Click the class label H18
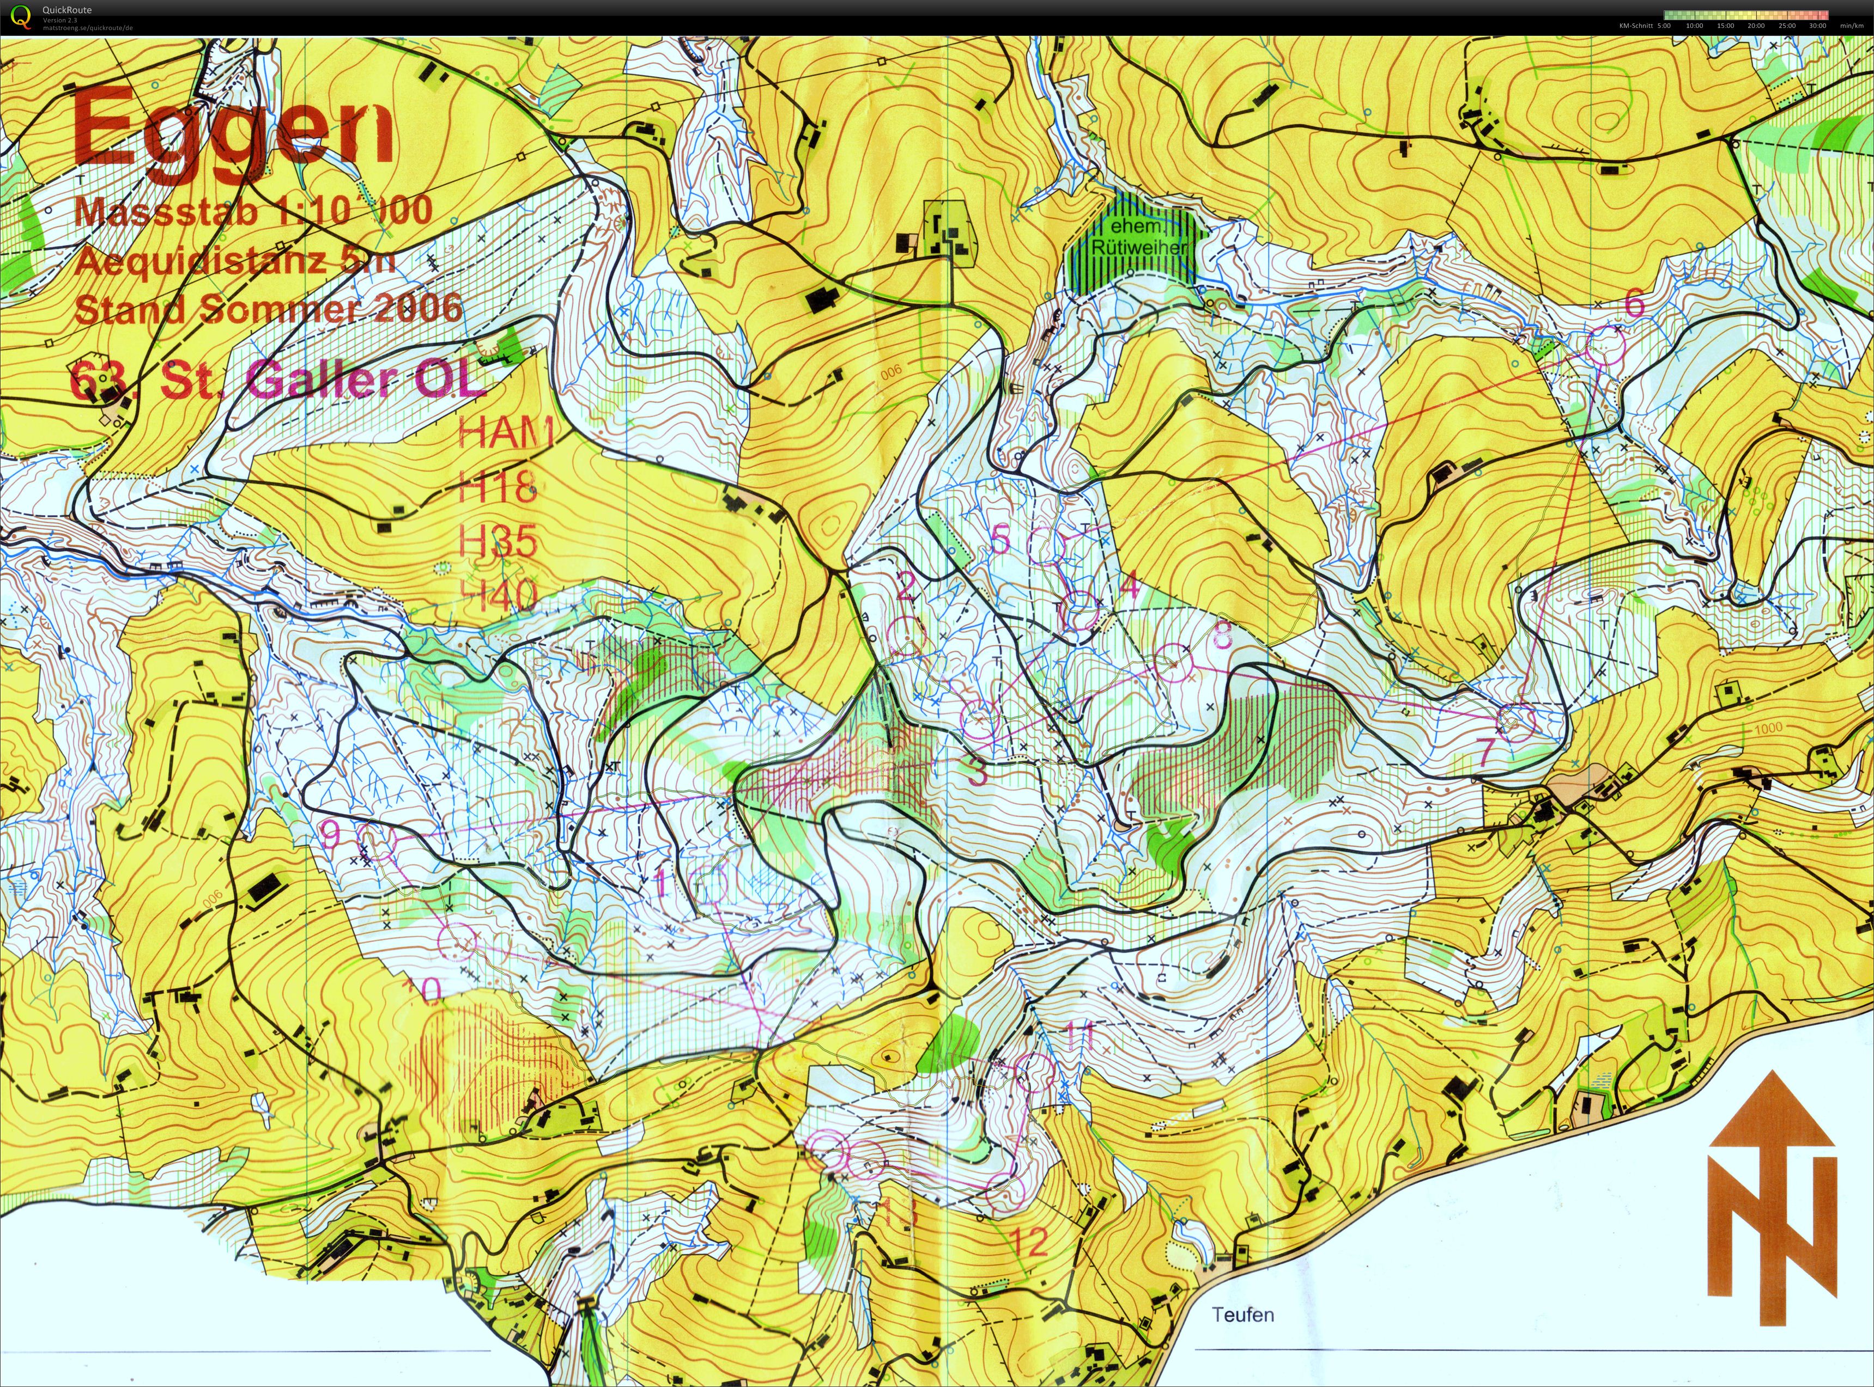[498, 487]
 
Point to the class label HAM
[505, 433]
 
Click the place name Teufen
[1242, 1314]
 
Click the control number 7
[1485, 751]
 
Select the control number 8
[1222, 636]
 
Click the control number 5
[999, 539]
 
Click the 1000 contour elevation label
[1768, 728]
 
